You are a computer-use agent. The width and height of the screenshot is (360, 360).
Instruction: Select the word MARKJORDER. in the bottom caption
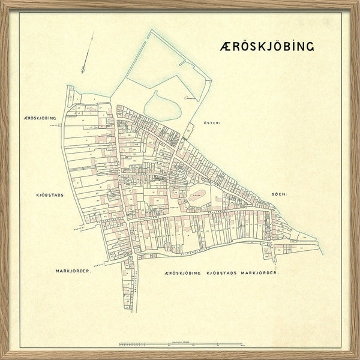[x=260, y=273]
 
